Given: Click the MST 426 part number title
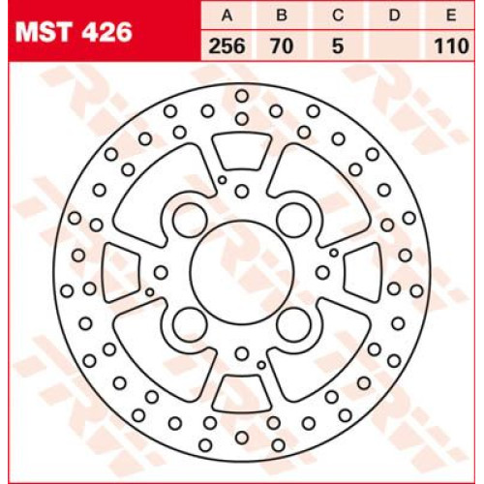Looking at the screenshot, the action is tap(74, 32).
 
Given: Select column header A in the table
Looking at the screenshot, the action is tap(227, 15).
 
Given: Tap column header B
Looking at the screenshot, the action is tap(282, 15).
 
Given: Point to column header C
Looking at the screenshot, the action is tap(338, 15).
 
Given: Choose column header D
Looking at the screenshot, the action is tap(394, 15).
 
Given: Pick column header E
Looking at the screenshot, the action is tap(451, 15).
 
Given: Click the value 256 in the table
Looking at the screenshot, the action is tap(227, 45).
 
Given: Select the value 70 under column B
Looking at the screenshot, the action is tap(283, 45).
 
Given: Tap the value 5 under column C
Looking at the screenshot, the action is tap(338, 45).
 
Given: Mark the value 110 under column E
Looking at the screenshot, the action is tap(451, 45).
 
